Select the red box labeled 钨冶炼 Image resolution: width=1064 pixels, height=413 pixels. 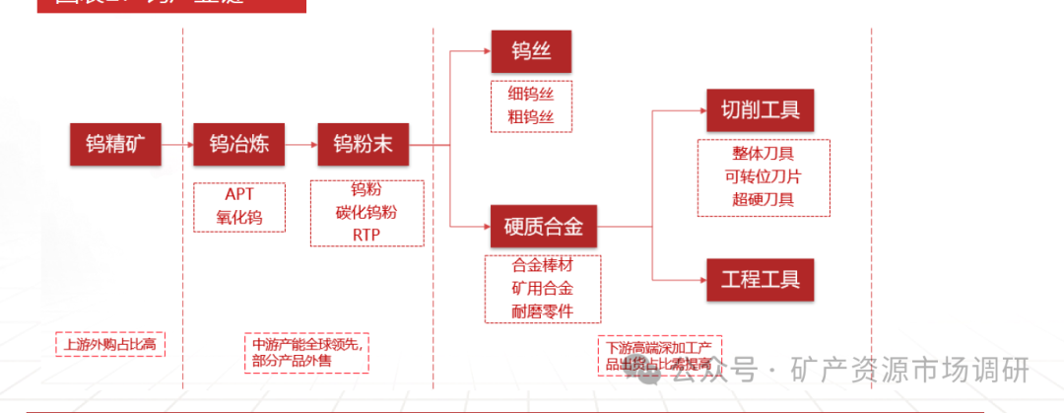point(239,145)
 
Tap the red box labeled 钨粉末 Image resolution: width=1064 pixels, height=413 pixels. point(363,145)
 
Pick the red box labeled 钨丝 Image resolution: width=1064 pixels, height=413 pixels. point(531,50)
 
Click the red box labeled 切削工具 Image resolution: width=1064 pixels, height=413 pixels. point(761,109)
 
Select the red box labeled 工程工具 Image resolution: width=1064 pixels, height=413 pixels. point(761,279)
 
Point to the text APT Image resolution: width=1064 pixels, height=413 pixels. point(238,194)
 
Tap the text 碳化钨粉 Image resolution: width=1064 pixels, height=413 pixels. point(366,212)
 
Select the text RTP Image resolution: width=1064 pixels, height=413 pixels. point(366,235)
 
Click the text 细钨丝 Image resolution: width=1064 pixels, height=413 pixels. point(531,95)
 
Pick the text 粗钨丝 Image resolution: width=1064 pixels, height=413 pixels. point(531,118)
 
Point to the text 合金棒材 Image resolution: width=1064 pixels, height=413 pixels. point(542,266)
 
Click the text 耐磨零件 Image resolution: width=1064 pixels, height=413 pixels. point(542,311)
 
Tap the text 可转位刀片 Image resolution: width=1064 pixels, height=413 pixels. point(763,177)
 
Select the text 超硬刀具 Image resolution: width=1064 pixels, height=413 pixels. point(763,200)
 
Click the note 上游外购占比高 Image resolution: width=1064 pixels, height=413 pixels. point(109,344)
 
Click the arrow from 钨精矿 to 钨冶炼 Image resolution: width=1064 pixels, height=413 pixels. point(177,145)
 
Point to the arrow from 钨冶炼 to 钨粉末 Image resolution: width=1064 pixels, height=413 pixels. point(300,145)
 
